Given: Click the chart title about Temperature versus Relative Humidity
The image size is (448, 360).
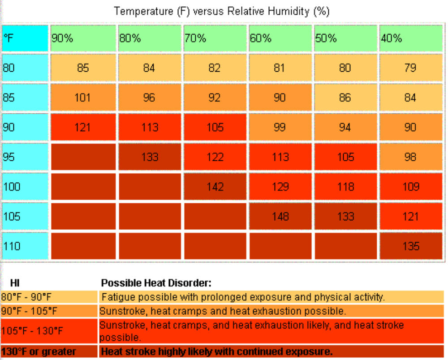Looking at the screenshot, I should click(222, 11).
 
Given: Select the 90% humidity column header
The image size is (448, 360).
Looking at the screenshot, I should click(83, 39).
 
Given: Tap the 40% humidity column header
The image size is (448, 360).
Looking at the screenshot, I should click(411, 39).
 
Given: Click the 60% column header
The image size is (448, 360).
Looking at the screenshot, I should click(280, 39).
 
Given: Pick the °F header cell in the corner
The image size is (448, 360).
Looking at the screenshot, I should click(25, 39).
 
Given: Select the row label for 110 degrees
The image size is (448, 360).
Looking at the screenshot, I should click(25, 246).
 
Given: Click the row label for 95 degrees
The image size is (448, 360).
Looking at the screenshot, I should click(25, 157).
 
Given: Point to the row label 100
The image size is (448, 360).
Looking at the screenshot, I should click(25, 187).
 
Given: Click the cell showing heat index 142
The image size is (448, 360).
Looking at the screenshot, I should click(215, 187).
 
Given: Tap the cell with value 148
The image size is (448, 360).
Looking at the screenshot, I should click(280, 216).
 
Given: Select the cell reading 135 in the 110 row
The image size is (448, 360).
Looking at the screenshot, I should click(411, 246).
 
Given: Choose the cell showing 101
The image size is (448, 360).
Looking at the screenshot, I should click(83, 98).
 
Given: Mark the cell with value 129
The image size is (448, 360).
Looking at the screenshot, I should click(280, 187).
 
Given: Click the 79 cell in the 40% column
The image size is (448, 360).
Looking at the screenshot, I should click(411, 68).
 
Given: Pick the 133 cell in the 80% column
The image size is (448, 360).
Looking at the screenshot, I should click(149, 157).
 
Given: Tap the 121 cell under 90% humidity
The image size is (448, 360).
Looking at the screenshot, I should click(83, 127).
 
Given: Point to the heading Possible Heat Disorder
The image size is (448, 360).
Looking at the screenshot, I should click(156, 283).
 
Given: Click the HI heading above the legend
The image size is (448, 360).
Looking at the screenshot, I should click(15, 283).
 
